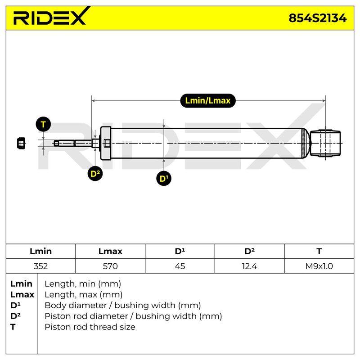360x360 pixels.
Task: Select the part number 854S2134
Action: tap(318, 18)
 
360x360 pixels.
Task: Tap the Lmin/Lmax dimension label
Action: tap(208, 100)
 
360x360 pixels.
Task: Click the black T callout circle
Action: tap(43, 124)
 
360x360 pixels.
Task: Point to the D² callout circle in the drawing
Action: tap(95, 173)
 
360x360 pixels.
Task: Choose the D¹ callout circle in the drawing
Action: tap(164, 178)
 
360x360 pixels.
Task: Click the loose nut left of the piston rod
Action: tap(21, 143)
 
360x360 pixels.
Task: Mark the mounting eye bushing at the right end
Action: tap(325, 143)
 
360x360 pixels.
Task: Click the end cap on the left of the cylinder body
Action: tap(105, 143)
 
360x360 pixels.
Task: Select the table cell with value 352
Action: tap(40, 266)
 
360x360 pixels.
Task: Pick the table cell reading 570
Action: tap(110, 266)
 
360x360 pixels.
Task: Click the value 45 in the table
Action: tap(180, 266)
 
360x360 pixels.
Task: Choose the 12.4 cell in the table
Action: tap(249, 266)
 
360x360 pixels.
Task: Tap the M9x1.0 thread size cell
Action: tap(319, 266)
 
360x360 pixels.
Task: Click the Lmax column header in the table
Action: tap(110, 251)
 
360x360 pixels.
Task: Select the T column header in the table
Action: tap(319, 251)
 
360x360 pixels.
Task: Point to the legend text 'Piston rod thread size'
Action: tap(90, 327)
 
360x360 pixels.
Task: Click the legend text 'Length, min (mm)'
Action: tap(83, 284)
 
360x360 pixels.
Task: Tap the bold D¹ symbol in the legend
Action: tap(15, 306)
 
